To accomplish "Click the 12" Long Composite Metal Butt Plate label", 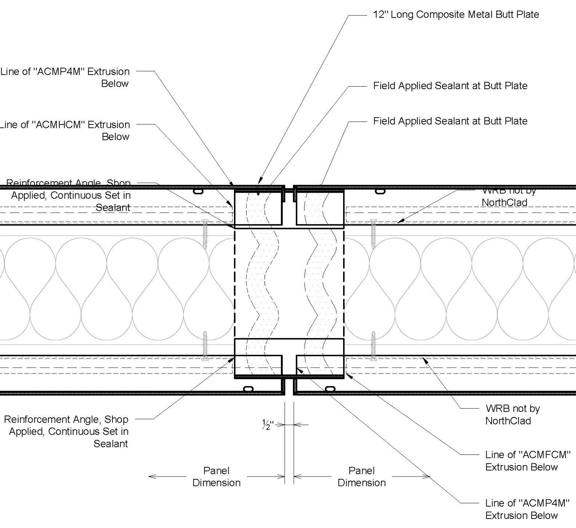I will pos(456,15).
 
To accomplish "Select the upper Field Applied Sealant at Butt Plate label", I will pos(450,86).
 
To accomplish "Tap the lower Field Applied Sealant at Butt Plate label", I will pos(450,121).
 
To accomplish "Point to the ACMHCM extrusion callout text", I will pos(66,130).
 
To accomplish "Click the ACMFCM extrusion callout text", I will pos(527,461).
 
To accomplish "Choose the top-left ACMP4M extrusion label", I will pos(66,77).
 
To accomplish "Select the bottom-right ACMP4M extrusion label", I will pos(527,509).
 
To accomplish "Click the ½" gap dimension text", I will pos(268,425).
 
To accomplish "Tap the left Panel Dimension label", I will pos(216,477).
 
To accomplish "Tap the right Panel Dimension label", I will pos(361,477).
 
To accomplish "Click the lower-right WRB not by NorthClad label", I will pos(512,414).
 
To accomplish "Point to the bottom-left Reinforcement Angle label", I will pos(67,431).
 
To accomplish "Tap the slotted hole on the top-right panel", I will pos(380,192).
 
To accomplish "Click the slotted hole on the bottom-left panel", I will pos(248,389).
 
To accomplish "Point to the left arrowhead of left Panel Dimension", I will pos(150,477).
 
